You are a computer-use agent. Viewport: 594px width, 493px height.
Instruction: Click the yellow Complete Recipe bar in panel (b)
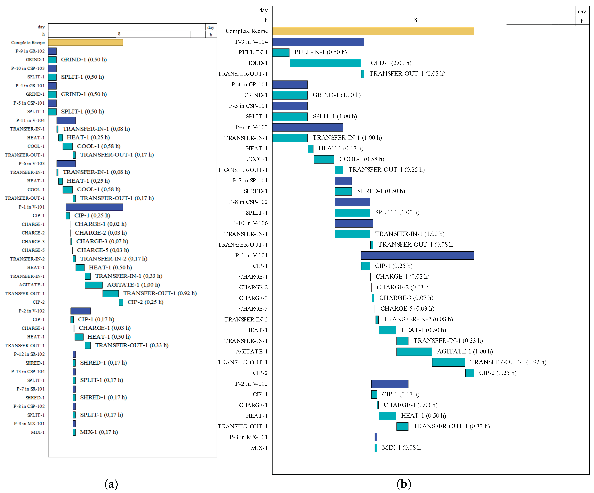pos(373,31)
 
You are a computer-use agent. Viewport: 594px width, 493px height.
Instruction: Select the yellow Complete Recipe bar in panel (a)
pos(85,42)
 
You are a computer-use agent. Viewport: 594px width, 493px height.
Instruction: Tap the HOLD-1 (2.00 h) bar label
pos(388,63)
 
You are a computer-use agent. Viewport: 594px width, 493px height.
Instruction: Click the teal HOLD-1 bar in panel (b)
pos(325,63)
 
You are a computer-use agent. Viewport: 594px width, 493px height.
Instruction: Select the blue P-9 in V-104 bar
pos(318,42)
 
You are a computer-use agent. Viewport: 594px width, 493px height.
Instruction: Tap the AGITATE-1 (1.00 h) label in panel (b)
pos(465,352)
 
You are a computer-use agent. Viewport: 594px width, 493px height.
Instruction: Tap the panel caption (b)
pos(404,484)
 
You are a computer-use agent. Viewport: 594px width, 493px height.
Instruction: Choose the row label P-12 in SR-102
pos(29,354)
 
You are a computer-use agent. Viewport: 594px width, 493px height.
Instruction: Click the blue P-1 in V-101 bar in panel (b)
pos(417,256)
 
